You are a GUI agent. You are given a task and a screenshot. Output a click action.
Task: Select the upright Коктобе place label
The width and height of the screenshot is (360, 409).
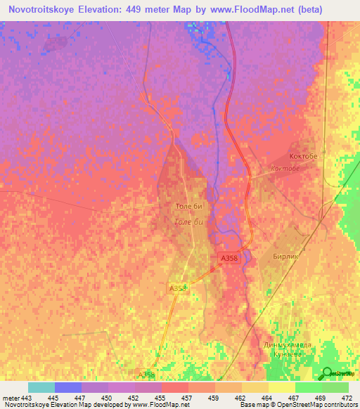(x=304, y=156)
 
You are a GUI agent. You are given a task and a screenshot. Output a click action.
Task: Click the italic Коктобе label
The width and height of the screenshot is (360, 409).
(x=285, y=169)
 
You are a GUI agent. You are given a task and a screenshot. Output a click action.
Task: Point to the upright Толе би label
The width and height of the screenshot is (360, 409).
(x=188, y=207)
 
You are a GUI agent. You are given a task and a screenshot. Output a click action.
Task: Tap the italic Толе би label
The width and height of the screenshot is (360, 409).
(x=188, y=222)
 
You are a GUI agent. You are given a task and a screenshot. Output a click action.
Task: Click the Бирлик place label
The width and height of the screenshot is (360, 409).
(x=286, y=257)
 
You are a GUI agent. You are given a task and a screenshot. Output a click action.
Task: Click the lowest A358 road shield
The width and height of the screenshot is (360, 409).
(x=146, y=375)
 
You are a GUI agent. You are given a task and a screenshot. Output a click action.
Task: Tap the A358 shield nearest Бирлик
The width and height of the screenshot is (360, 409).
(x=229, y=259)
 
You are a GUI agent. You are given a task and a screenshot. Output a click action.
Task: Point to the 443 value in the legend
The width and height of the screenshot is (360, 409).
(x=27, y=398)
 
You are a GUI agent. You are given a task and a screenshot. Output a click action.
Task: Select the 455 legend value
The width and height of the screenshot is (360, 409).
(x=161, y=398)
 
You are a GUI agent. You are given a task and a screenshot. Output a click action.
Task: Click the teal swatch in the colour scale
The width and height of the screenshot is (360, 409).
(x=41, y=387)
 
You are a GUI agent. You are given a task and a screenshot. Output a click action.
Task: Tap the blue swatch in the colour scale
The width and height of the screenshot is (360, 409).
(x=67, y=387)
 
